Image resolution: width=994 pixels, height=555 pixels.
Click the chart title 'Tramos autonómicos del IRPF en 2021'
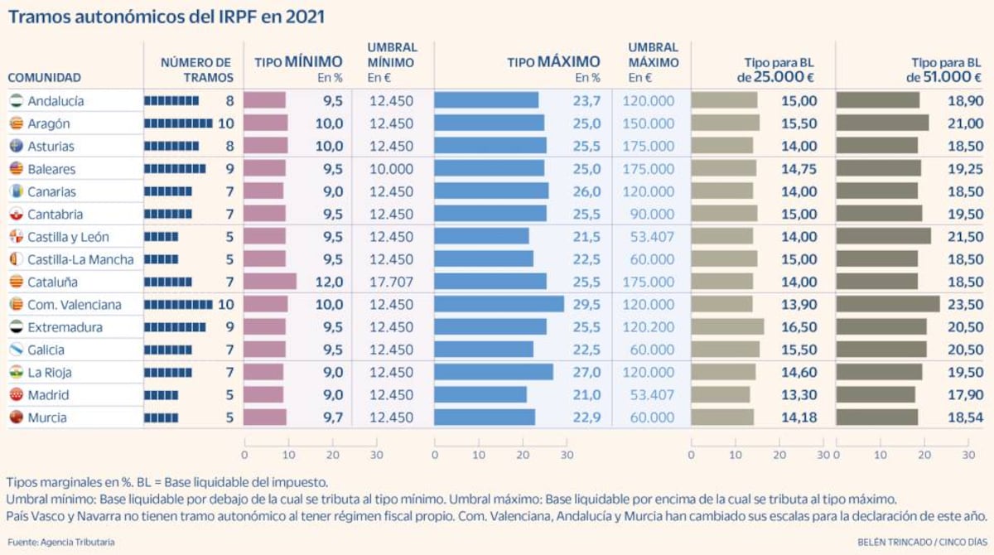[x=166, y=17]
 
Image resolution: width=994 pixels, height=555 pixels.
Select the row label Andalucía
[x=55, y=101]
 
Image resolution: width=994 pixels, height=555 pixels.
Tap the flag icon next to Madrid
[x=15, y=395]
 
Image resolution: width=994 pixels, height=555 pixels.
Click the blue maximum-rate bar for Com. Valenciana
[x=499, y=305]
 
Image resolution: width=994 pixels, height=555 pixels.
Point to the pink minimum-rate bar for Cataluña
[x=270, y=282]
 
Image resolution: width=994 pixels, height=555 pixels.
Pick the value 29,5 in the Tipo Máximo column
[x=585, y=305]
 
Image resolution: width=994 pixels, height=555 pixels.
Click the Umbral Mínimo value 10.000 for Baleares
[x=391, y=169]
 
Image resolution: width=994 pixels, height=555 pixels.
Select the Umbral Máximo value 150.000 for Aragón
[x=651, y=123]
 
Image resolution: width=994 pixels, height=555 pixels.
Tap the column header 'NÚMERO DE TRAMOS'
[x=196, y=70]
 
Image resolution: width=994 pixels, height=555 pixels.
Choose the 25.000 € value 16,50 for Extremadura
[x=799, y=327]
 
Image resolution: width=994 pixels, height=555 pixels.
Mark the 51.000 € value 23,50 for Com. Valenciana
[x=966, y=305]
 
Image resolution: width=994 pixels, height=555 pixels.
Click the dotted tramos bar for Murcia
[x=161, y=417]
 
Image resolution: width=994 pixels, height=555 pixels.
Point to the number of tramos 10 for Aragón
[x=226, y=123]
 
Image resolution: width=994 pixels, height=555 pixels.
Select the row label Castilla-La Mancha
[x=80, y=259]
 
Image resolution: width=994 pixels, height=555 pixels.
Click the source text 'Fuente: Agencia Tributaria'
[x=61, y=542]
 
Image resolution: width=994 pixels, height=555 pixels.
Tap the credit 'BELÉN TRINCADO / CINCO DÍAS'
[x=922, y=542]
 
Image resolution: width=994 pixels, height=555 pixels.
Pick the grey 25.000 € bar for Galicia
[x=725, y=350]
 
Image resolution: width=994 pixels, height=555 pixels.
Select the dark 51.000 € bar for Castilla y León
[x=883, y=237]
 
